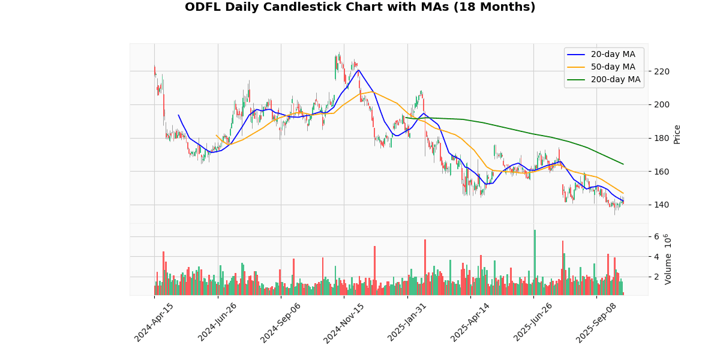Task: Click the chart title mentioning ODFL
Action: [x=360, y=7]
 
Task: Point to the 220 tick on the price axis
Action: [x=662, y=71]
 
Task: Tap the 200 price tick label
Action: [x=662, y=104]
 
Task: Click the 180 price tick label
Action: [x=662, y=138]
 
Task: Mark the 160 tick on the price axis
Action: [x=662, y=172]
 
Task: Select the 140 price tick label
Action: [x=662, y=205]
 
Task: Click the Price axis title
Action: [x=677, y=134]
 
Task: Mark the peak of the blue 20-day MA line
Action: [x=358, y=70]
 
